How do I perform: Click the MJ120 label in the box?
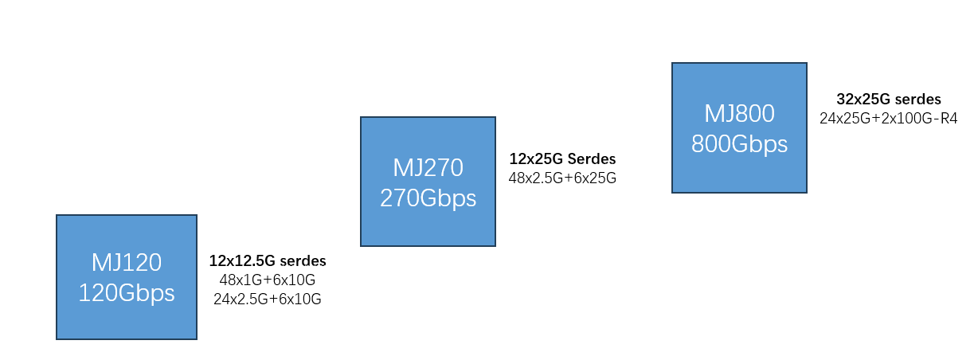126,262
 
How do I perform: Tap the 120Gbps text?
126,292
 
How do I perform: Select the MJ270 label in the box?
428,167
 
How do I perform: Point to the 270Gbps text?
428,198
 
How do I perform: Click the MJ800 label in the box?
739,114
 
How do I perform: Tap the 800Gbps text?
739,144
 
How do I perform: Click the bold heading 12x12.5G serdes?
268,260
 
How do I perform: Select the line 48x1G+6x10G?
268,280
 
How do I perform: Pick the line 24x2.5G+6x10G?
268,299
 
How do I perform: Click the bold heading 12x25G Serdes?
562,159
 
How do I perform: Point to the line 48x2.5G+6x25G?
562,178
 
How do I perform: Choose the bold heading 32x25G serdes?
889,100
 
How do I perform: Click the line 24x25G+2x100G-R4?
889,119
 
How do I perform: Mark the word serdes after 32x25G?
917,100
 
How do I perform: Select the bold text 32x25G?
862,100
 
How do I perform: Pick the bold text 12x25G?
536,159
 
